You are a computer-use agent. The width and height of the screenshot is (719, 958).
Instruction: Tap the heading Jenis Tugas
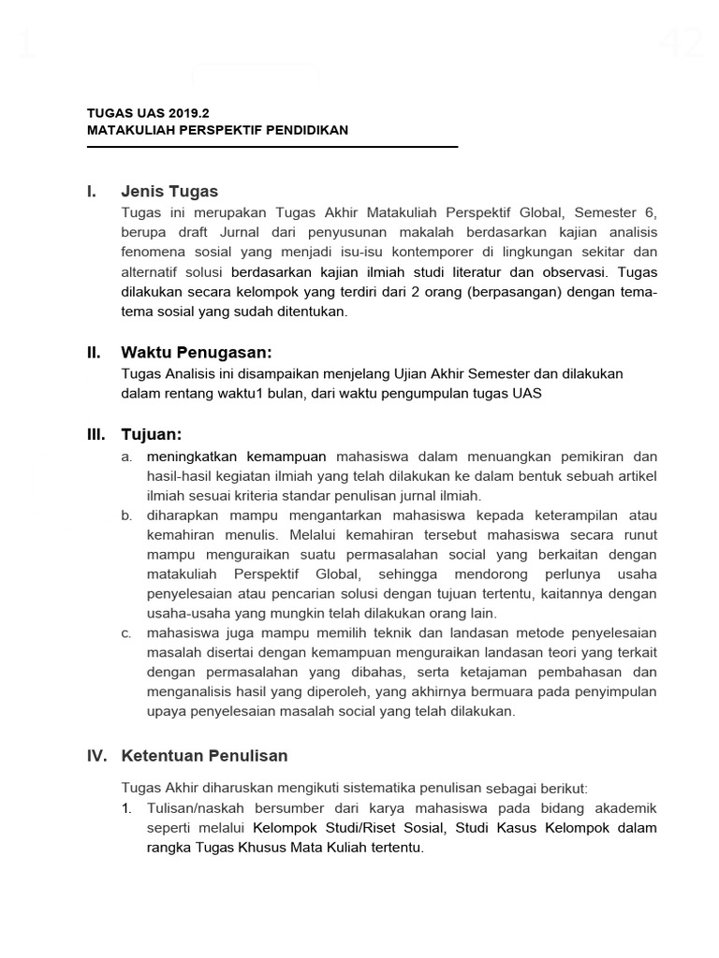click(x=169, y=192)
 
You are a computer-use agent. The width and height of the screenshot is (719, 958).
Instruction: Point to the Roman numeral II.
click(x=94, y=353)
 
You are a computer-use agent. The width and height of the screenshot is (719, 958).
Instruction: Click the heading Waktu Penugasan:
click(x=196, y=353)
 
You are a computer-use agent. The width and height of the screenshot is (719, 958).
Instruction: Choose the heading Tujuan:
click(x=151, y=435)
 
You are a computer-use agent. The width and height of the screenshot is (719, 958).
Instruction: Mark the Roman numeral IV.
click(x=97, y=755)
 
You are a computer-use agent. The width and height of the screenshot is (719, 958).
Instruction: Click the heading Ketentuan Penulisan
click(x=204, y=755)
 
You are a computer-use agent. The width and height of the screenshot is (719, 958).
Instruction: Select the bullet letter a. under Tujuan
click(x=126, y=457)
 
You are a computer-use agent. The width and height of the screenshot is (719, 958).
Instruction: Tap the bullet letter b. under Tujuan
click(x=126, y=515)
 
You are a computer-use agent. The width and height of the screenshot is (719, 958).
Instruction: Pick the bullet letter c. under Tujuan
click(x=126, y=633)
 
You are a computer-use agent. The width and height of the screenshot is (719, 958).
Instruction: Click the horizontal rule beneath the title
click(x=272, y=147)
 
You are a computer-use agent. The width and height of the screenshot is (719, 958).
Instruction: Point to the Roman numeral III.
click(x=95, y=435)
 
